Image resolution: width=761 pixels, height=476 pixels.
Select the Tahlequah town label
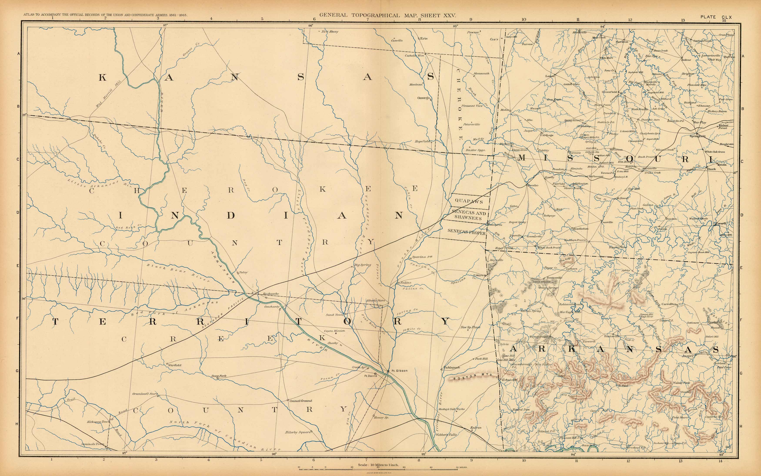(452, 367)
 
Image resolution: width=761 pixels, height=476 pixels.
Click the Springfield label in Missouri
(697, 136)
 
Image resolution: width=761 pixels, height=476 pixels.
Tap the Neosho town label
(533, 185)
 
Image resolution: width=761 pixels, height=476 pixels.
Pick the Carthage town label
(547, 135)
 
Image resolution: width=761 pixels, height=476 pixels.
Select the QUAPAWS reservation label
(469, 201)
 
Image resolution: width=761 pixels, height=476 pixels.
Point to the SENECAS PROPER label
(466, 231)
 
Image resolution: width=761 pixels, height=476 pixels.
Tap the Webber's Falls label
(446, 435)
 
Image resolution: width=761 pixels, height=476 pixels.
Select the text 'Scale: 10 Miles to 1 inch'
(378, 465)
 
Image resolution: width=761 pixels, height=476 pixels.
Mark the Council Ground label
(301, 401)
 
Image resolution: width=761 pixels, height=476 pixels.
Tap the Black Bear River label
(178, 273)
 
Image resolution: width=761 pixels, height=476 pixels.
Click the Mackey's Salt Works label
(451, 409)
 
